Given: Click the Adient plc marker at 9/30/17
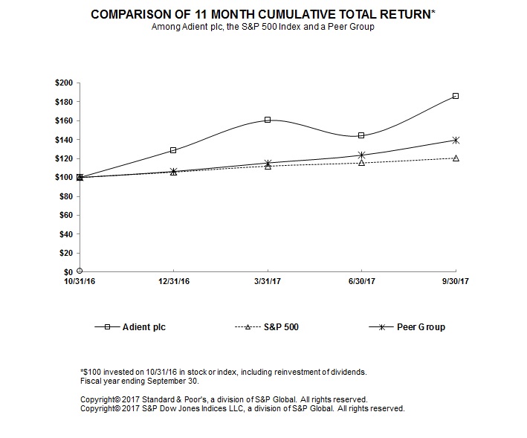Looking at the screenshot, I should [455, 96].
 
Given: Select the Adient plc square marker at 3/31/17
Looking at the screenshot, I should [268, 120].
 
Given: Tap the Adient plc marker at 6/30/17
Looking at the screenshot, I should [361, 135].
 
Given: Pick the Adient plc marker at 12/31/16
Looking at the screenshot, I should [173, 150].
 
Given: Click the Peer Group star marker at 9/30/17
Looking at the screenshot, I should [455, 140].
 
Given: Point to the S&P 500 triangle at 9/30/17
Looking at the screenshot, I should [455, 158].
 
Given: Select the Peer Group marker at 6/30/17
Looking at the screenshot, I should [361, 155].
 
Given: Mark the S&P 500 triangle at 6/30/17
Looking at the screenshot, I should [361, 162].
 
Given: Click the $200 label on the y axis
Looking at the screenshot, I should [65, 83].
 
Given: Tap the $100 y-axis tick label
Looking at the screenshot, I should [65, 177].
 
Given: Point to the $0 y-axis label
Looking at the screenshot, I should [68, 272].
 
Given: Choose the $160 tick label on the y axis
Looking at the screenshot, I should [65, 120].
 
